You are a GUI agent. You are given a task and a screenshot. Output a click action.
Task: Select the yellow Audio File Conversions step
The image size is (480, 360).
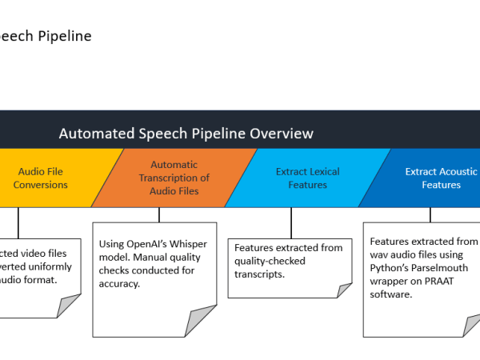point(40,178)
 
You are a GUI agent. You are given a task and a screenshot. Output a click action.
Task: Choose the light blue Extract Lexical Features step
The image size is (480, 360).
point(307,178)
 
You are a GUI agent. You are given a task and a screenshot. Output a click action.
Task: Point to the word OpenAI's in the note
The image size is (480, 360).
point(149,243)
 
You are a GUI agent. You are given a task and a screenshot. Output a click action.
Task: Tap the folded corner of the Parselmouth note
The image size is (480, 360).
point(471,323)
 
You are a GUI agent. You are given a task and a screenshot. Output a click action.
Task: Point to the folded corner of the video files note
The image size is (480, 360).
point(70,306)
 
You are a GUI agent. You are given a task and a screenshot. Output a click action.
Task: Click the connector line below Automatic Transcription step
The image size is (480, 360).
point(159,214)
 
